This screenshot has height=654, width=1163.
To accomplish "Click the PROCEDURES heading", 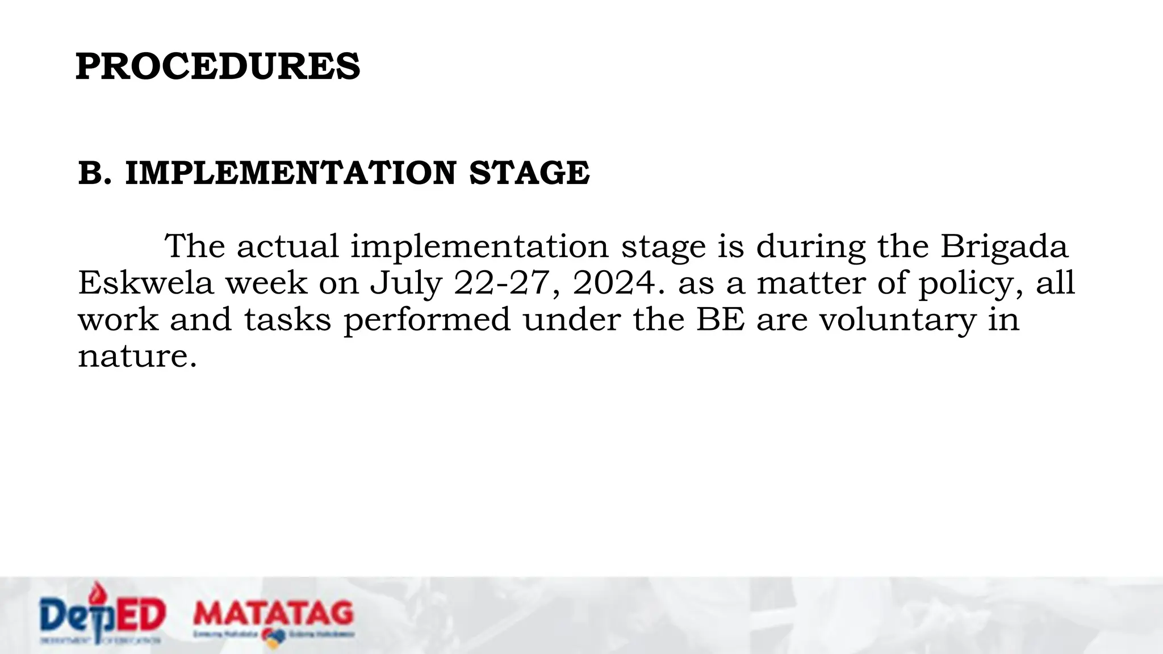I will click(x=217, y=66).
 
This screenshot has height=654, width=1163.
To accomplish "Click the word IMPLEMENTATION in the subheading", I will click(x=290, y=173).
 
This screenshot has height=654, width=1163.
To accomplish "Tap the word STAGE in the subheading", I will click(x=529, y=173).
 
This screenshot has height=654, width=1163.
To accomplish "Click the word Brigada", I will click(x=1004, y=247).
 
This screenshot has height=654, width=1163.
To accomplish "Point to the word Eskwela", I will click(x=145, y=283).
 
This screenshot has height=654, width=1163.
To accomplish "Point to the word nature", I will click(x=136, y=357).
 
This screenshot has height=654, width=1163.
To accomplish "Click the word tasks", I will click(x=287, y=319).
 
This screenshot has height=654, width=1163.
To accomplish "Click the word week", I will click(x=266, y=283).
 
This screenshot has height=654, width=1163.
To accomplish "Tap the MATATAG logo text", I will click(x=273, y=613).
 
